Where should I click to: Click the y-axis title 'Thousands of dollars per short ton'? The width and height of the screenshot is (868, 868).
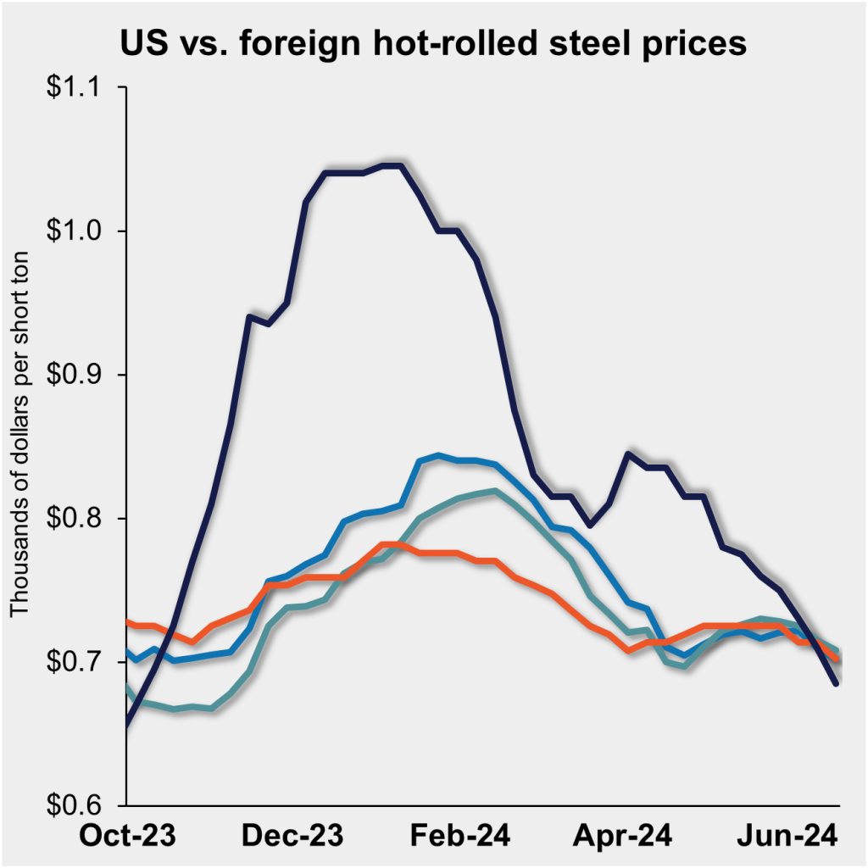19,433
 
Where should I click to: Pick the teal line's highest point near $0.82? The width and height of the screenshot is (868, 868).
494,490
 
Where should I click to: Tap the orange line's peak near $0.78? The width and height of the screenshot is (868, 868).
390,544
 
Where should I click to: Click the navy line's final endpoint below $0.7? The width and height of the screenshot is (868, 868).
837,682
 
